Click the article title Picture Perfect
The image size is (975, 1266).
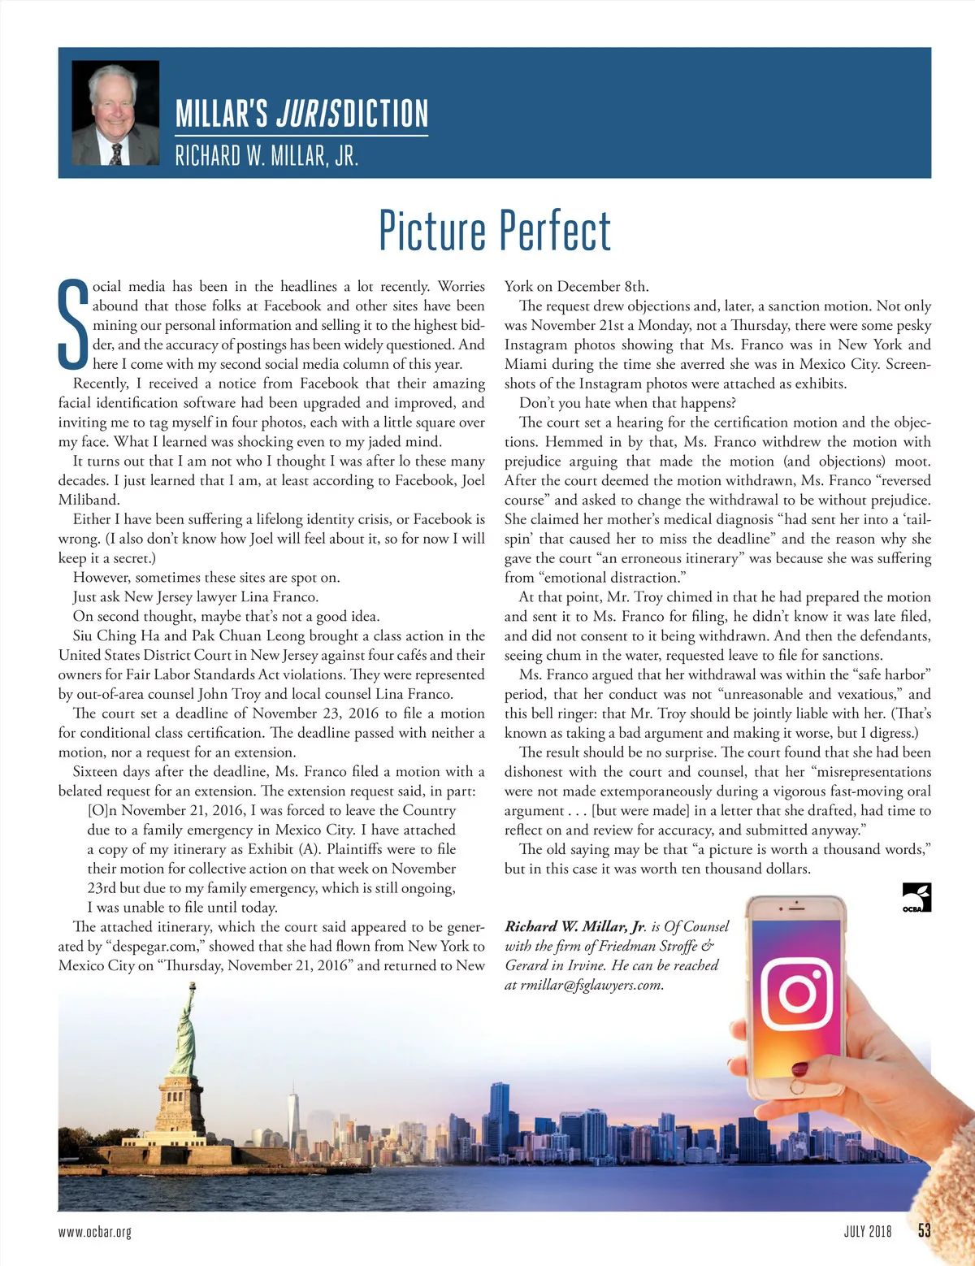coord(494,231)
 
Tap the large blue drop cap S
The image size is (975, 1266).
coord(73,324)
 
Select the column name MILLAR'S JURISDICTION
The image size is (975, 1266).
coord(301,114)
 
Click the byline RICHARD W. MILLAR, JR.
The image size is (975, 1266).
coord(266,155)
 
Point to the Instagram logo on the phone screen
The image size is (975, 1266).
coord(798,993)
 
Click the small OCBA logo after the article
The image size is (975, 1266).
coord(916,897)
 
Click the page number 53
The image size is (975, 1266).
coord(924,1230)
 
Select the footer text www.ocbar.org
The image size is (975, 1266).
coord(94,1232)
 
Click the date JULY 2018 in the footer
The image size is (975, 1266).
coord(867,1231)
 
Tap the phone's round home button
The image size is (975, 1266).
coord(798,1086)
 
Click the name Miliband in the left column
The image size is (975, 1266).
coord(89,500)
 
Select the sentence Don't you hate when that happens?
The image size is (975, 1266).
coord(627,403)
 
